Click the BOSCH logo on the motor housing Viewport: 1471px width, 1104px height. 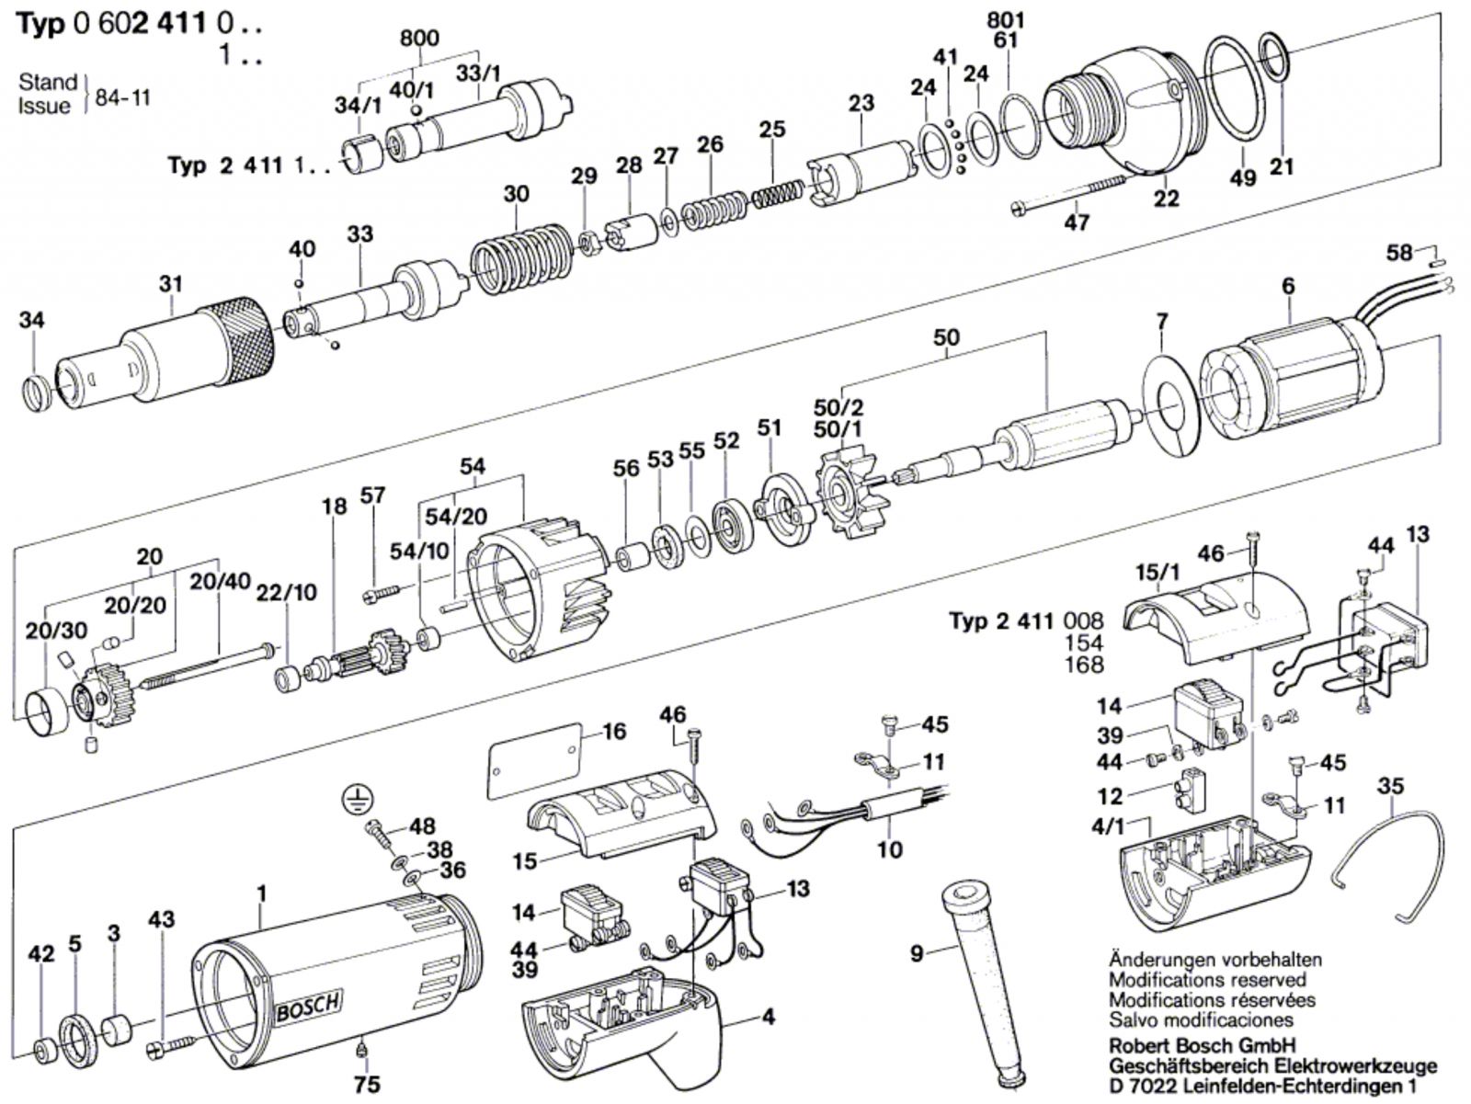tap(308, 1005)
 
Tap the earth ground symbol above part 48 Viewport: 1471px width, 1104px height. tap(359, 799)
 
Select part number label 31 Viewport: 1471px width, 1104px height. tap(170, 283)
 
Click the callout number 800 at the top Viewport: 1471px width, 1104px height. tap(419, 39)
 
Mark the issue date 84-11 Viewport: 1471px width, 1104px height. tap(122, 97)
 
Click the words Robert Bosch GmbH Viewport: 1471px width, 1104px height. tap(1203, 1046)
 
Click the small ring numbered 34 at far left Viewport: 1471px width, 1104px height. tap(36, 393)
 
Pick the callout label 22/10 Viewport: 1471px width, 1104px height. tap(286, 592)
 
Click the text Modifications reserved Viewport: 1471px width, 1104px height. tap(1207, 980)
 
